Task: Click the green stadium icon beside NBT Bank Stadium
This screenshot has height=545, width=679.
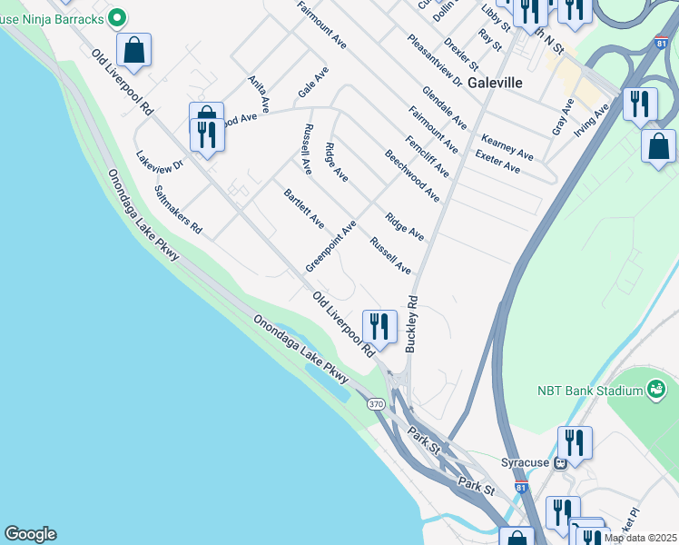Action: pos(655,390)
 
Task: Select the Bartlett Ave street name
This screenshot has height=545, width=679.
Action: pos(304,209)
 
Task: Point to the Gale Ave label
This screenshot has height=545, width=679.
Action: pos(313,83)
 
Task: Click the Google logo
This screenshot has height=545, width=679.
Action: pos(30,534)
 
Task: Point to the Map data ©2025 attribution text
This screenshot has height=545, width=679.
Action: pos(640,538)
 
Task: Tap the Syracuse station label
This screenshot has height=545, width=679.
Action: pos(526,461)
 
